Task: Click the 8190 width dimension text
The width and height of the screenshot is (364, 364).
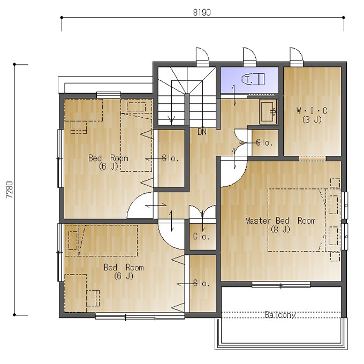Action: pos(202,12)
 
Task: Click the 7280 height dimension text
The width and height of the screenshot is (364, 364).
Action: pos(9,189)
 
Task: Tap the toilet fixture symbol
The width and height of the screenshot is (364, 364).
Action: pos(253,79)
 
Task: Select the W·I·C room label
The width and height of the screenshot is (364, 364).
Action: pos(312,111)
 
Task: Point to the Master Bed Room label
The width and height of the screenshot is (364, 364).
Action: pos(280,221)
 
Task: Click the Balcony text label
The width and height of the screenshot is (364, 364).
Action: pos(280,315)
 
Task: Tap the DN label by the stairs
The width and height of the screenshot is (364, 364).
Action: pos(202,132)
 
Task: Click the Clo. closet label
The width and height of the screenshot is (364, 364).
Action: pos(201,237)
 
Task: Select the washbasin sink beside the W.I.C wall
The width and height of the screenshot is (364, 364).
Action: pos(268,112)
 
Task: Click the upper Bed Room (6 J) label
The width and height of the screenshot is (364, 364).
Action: pos(108,162)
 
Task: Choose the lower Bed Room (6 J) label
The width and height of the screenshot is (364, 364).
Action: pos(124,271)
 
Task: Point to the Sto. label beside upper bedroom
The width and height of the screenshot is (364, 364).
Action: pos(171,158)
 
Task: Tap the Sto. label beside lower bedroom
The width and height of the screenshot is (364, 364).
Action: pos(201,283)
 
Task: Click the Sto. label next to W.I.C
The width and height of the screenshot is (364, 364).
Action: pos(264,142)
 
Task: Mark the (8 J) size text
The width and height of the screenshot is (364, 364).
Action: pos(280,229)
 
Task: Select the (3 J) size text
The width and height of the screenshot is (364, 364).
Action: pos(312,120)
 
